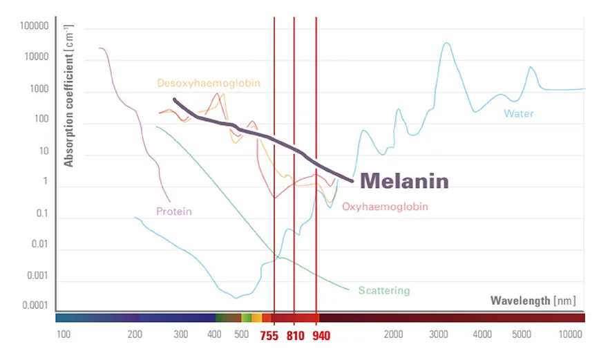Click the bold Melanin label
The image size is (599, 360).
coord(404,181)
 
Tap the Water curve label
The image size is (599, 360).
coord(518,113)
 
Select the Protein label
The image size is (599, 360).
coord(173,211)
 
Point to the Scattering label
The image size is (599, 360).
coord(383,291)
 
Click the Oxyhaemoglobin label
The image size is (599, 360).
coord(385,207)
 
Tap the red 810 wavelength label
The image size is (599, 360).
coord(294,336)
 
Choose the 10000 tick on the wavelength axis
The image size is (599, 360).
coord(571,335)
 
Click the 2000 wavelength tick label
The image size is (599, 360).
coord(393,335)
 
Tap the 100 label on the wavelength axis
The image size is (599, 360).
coord(63,335)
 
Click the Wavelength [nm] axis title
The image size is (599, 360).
coord(533,301)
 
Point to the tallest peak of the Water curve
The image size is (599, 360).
coord(447,44)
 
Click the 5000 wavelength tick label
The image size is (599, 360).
coord(521,335)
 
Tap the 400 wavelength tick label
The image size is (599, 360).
coord(214,335)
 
